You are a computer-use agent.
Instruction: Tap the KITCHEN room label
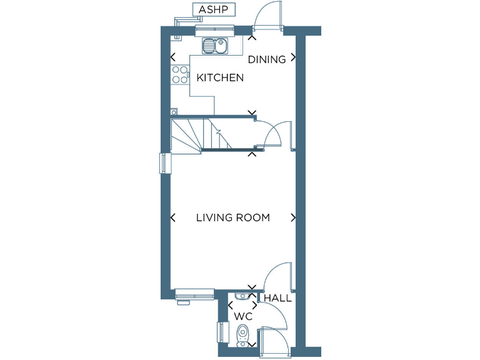(220, 78)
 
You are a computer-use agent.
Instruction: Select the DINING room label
(267, 59)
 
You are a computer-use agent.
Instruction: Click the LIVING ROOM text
(233, 217)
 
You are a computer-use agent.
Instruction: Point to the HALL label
(277, 298)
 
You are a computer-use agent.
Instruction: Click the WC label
(242, 316)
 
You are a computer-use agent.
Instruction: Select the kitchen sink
(214, 46)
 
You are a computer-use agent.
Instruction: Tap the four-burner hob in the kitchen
(180, 75)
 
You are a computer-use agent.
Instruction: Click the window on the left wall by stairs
(164, 164)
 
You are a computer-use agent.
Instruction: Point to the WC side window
(220, 331)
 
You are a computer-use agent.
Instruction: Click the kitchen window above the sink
(214, 29)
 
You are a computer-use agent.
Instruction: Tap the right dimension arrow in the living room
(292, 217)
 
